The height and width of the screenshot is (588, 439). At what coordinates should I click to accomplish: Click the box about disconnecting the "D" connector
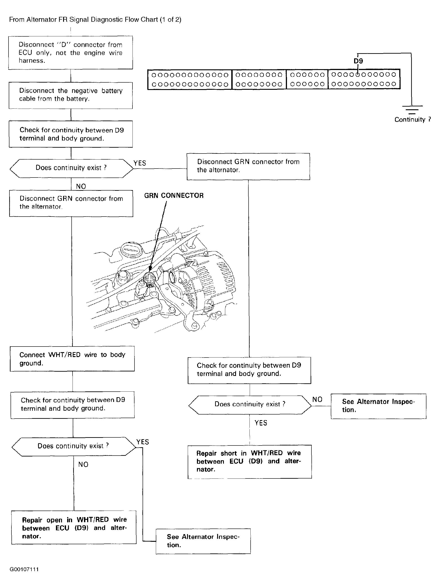coord(71,53)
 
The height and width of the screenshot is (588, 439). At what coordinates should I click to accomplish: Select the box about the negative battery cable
coord(71,95)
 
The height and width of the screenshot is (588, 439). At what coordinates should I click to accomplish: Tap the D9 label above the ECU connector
coord(358,61)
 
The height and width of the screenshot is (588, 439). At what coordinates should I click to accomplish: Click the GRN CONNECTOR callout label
coord(174,195)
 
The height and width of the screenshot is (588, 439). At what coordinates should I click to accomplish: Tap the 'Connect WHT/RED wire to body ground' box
coord(72,359)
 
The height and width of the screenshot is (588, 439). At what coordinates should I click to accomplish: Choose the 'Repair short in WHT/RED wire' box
coord(249,461)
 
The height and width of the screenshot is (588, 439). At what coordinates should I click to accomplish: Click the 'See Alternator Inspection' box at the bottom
coord(203,541)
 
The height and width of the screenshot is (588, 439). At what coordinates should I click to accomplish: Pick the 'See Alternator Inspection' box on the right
coord(378,406)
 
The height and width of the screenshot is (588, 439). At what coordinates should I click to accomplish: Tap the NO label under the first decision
coord(81,186)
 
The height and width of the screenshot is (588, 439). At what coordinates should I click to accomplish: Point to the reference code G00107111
coord(24,569)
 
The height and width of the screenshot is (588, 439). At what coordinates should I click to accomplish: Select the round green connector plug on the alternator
coord(149,279)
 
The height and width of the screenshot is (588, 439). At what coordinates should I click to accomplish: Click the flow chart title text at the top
coord(95,20)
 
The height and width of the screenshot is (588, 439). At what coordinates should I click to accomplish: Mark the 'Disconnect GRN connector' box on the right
coord(248,166)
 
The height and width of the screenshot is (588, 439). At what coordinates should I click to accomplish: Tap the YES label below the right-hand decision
coord(261,423)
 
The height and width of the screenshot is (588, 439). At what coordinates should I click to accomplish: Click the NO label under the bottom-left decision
coord(83,465)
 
